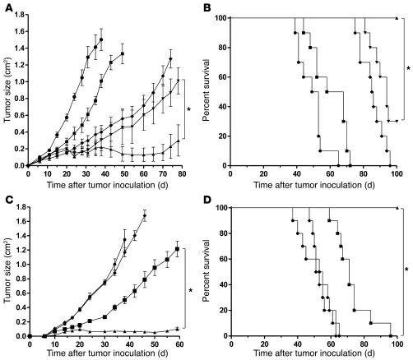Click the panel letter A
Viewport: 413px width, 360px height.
(6, 7)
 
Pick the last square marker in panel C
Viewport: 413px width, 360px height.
(177, 248)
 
